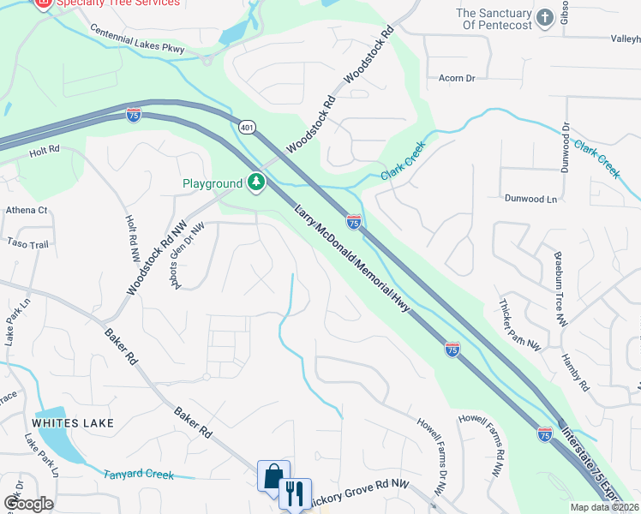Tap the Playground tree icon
coord(256,182)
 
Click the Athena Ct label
coord(27,210)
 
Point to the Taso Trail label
coord(28,244)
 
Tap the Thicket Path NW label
coord(521,326)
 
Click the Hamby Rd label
coord(575,372)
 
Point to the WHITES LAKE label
coord(68,423)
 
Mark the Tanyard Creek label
coord(139,475)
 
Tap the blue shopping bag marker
coord(273,475)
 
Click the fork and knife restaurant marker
coord(294,493)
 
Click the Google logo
coord(27,503)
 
